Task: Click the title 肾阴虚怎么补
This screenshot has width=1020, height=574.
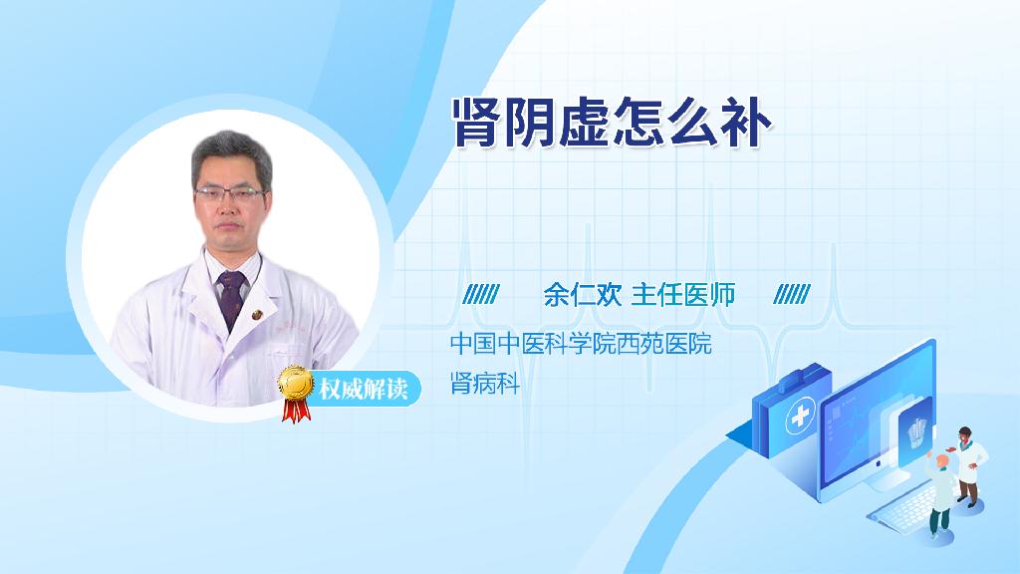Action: pyautogui.click(x=612, y=123)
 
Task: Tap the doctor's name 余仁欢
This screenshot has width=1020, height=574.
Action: pyautogui.click(x=583, y=295)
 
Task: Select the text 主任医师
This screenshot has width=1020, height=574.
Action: pyautogui.click(x=683, y=295)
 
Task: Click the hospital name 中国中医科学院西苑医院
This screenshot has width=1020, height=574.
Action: pyautogui.click(x=581, y=344)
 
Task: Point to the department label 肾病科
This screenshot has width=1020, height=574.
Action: pyautogui.click(x=485, y=384)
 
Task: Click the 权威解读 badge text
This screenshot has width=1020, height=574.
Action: pyautogui.click(x=363, y=390)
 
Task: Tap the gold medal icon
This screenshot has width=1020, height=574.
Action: pyautogui.click(x=296, y=384)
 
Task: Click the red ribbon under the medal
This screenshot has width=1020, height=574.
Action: pyautogui.click(x=295, y=410)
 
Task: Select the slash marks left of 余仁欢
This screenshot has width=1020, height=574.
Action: pyautogui.click(x=481, y=295)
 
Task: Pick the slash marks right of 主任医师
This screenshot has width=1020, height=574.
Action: pyautogui.click(x=792, y=295)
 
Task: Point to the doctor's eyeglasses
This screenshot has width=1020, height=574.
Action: pyautogui.click(x=230, y=193)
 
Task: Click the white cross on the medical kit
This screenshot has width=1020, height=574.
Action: pyautogui.click(x=800, y=416)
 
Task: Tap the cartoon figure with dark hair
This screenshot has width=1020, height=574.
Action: pyautogui.click(x=968, y=466)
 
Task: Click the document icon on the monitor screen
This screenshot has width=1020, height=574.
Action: pyautogui.click(x=917, y=434)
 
